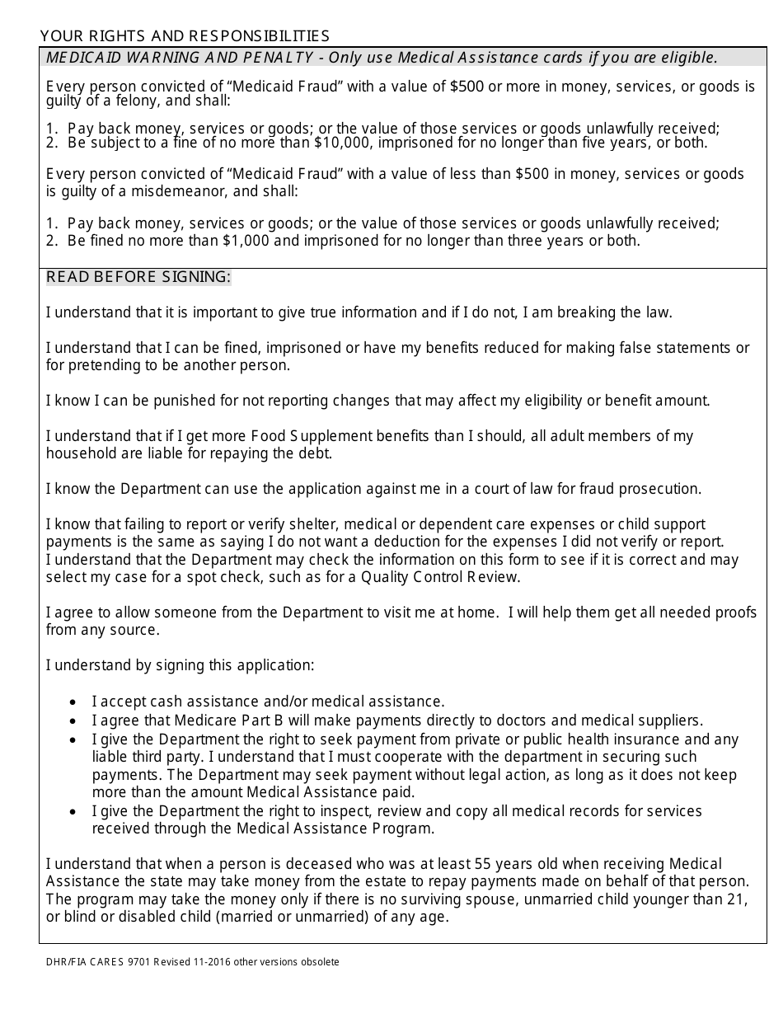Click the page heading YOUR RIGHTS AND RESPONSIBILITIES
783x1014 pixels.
coord(185,35)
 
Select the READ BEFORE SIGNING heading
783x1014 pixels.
coord(138,277)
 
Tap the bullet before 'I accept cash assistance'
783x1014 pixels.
coord(74,702)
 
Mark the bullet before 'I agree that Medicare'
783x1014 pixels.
coord(74,721)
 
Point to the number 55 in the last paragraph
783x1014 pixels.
coord(484,864)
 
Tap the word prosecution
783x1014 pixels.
coord(663,489)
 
